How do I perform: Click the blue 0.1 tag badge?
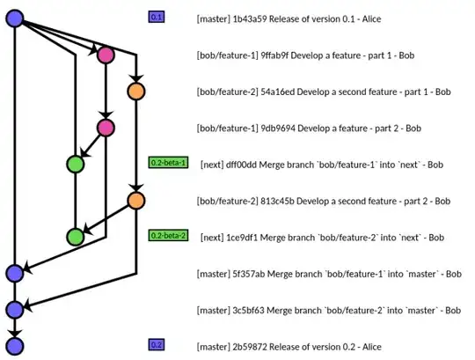pos(157,17)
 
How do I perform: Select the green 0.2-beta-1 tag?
pos(168,163)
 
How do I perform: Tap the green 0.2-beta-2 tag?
pos(168,236)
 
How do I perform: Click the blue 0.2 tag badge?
pos(157,344)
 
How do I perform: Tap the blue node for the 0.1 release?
pos(13,17)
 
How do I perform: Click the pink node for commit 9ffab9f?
pos(106,55)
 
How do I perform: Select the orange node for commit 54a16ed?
pos(135,91)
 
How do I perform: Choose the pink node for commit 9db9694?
pos(106,128)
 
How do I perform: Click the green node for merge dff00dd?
pos(76,164)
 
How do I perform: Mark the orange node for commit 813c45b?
pos(135,200)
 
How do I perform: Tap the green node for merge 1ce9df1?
pos(76,236)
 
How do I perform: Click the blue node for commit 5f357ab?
pos(13,273)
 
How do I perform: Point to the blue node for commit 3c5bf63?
pos(13,309)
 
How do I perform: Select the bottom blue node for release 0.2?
pos(13,345)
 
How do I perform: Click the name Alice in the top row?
pos(395,18)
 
